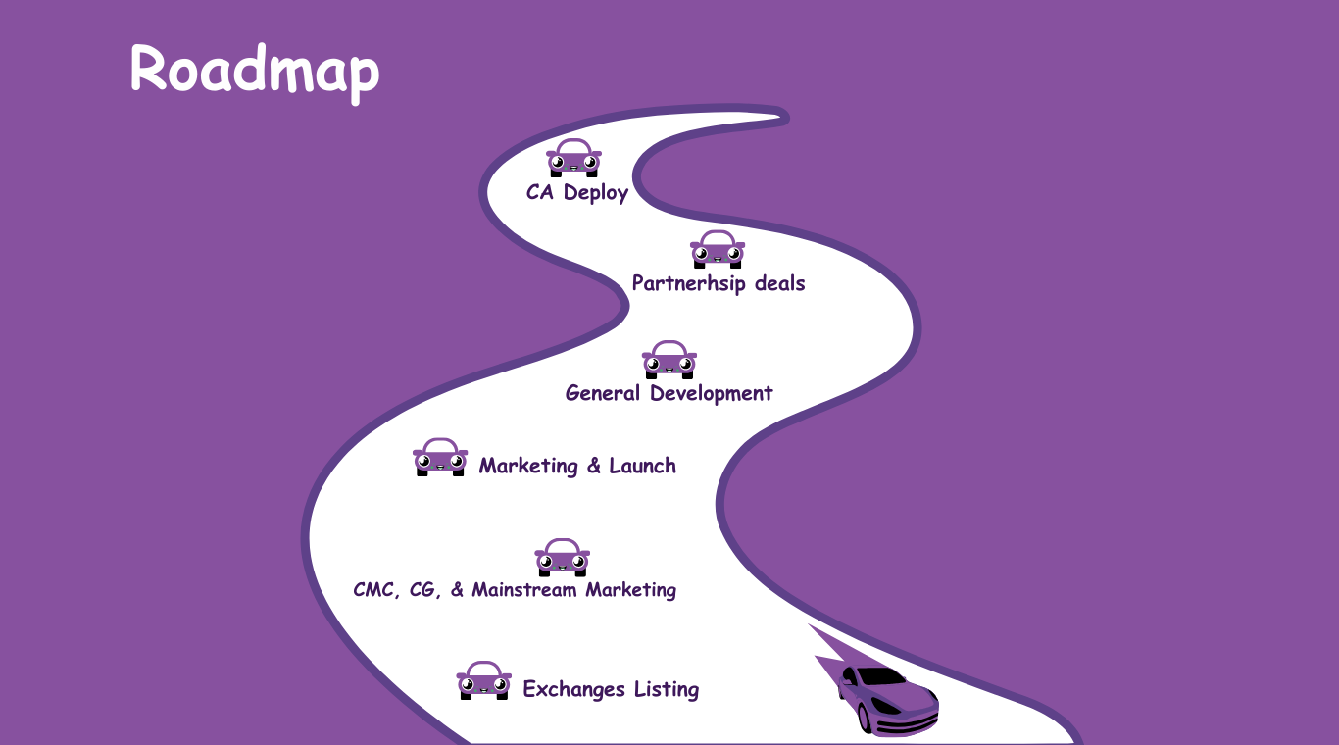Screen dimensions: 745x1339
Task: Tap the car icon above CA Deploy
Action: click(x=573, y=158)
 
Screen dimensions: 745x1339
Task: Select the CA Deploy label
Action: click(x=576, y=192)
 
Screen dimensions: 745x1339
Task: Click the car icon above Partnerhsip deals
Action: click(x=718, y=249)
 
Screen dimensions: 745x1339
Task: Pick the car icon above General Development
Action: click(x=669, y=360)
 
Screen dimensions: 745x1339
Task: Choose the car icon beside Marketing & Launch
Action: click(x=440, y=457)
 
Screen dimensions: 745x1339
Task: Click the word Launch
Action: click(x=642, y=466)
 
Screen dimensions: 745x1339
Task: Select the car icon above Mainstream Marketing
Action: click(x=562, y=557)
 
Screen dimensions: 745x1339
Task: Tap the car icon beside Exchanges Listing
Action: click(x=483, y=679)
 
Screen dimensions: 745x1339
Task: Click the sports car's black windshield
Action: click(x=879, y=676)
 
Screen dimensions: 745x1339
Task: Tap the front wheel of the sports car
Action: click(x=866, y=718)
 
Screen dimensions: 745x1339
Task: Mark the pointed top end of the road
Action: click(x=783, y=116)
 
